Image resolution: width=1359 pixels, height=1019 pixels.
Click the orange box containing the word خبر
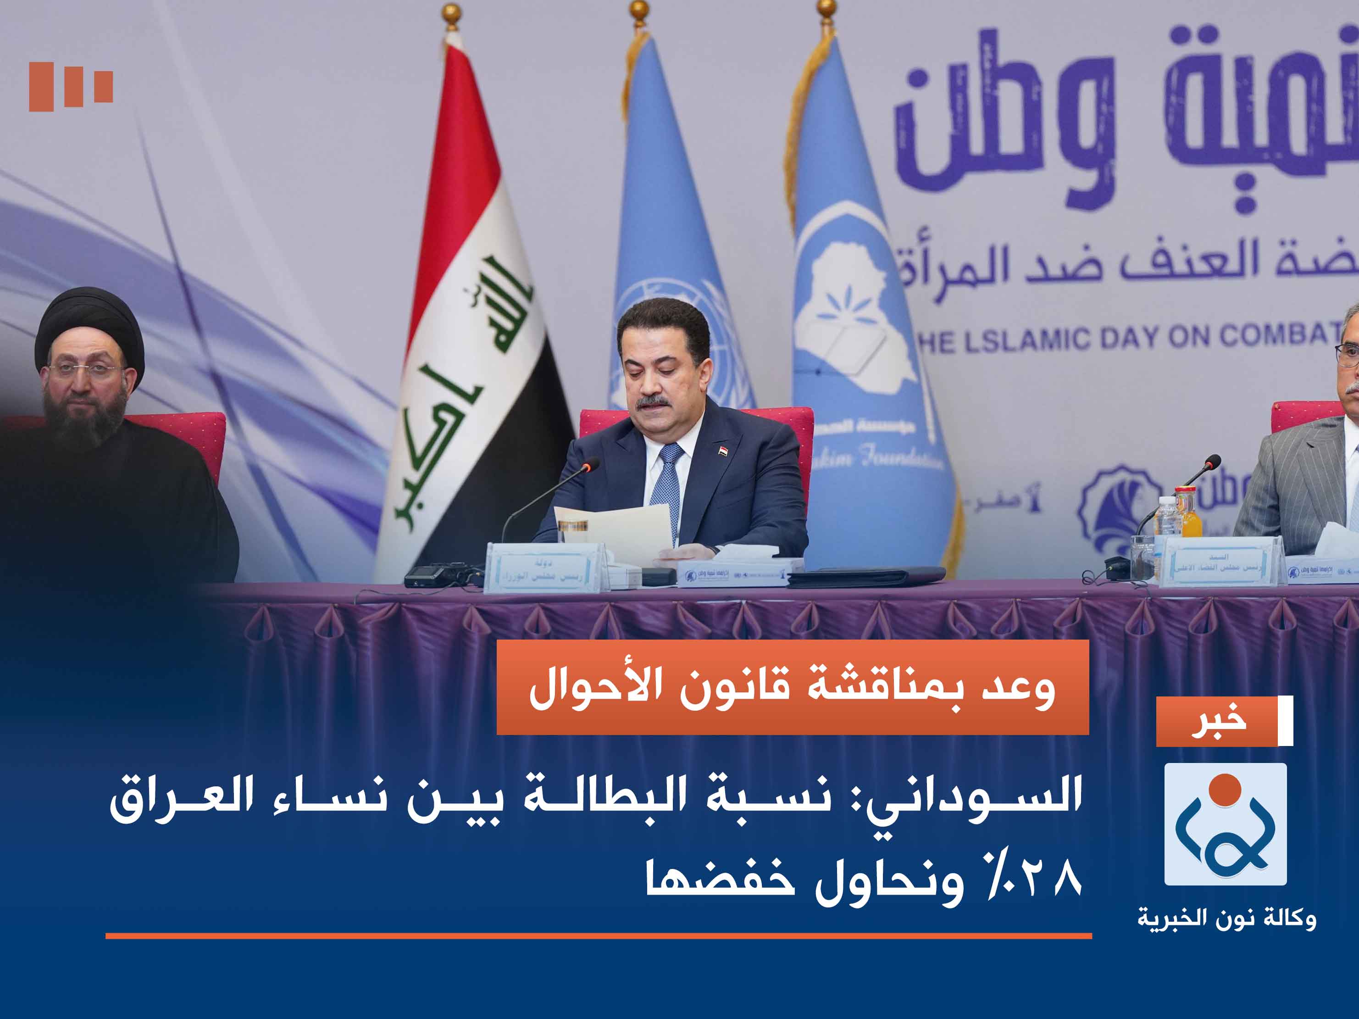click(1216, 721)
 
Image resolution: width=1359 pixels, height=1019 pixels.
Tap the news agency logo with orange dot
click(1225, 824)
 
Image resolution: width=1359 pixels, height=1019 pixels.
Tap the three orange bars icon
click(71, 86)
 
